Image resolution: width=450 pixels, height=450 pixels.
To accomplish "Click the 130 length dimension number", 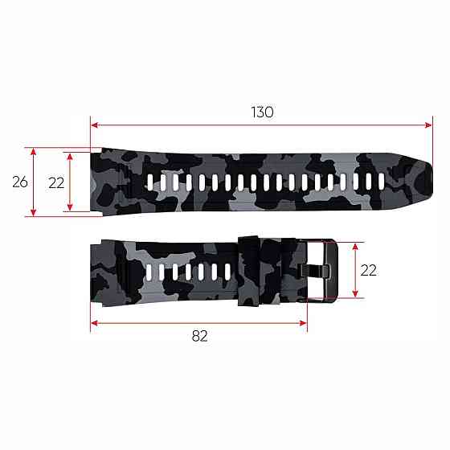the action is pyautogui.click(x=262, y=112).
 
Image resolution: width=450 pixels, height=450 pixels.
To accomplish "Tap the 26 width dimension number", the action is pyautogui.click(x=20, y=182).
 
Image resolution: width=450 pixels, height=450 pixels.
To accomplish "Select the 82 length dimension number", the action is pyautogui.click(x=199, y=336).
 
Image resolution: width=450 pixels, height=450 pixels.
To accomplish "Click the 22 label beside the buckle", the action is pyautogui.click(x=368, y=270).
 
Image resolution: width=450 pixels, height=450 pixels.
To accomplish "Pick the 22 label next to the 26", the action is pyautogui.click(x=56, y=183).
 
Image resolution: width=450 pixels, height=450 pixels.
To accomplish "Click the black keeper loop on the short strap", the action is pyautogui.click(x=248, y=271).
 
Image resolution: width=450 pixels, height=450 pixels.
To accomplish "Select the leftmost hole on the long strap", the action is pyautogui.click(x=150, y=182).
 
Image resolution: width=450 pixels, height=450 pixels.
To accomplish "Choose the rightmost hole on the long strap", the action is pyautogui.click(x=382, y=182).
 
